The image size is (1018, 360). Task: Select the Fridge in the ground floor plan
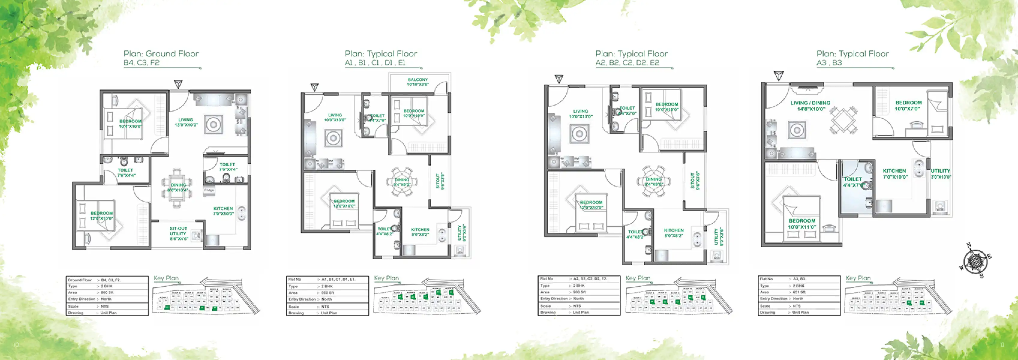(209, 190)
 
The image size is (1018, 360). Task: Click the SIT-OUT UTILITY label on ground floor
(179, 233)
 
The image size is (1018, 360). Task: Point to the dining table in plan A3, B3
(843, 121)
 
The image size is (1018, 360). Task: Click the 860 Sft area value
(107, 292)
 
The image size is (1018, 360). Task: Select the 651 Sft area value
(799, 292)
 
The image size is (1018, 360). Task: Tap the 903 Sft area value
(579, 292)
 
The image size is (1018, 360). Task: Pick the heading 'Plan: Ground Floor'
(161, 54)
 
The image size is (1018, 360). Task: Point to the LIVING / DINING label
(810, 106)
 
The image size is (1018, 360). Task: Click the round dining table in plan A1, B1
(402, 182)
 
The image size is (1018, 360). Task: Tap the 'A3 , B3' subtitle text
(829, 63)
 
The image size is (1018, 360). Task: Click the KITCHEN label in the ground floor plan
(223, 211)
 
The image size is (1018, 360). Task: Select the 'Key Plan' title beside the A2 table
(638, 278)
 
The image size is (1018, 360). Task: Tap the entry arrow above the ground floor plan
(178, 84)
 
